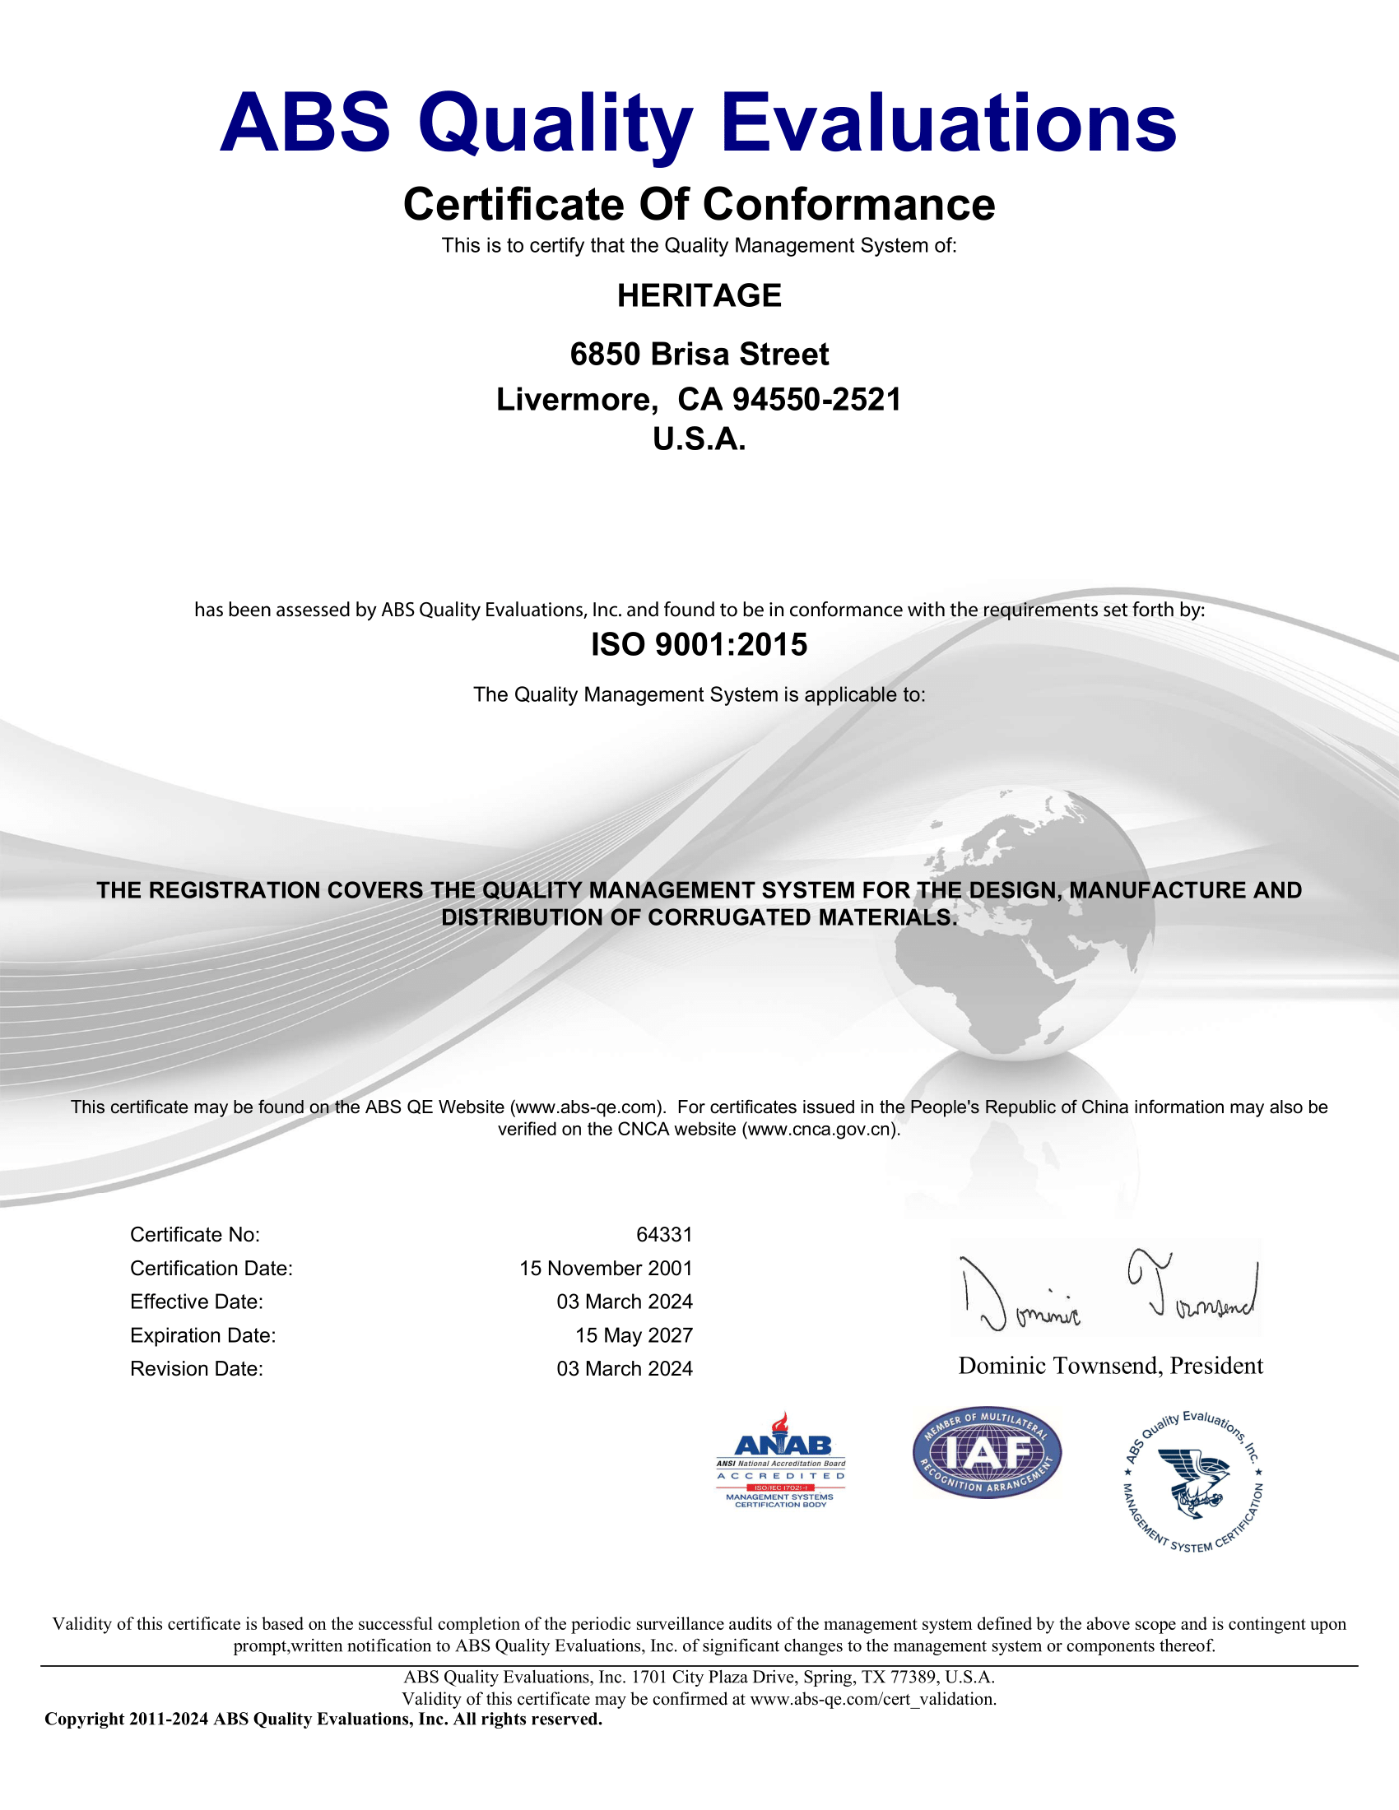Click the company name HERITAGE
(699, 296)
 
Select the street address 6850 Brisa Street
(699, 355)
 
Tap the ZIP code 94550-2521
(816, 400)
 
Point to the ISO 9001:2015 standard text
(699, 645)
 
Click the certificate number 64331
(664, 1235)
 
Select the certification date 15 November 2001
(605, 1269)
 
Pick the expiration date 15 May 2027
(633, 1335)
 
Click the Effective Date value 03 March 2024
(624, 1302)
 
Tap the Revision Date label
(197, 1369)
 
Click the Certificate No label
(195, 1235)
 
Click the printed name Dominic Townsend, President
(1110, 1366)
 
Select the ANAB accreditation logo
(781, 1460)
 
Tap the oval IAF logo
(986, 1453)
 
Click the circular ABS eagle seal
(1192, 1481)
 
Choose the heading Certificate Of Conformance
(699, 205)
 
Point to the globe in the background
(1016, 924)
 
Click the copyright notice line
(323, 1719)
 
